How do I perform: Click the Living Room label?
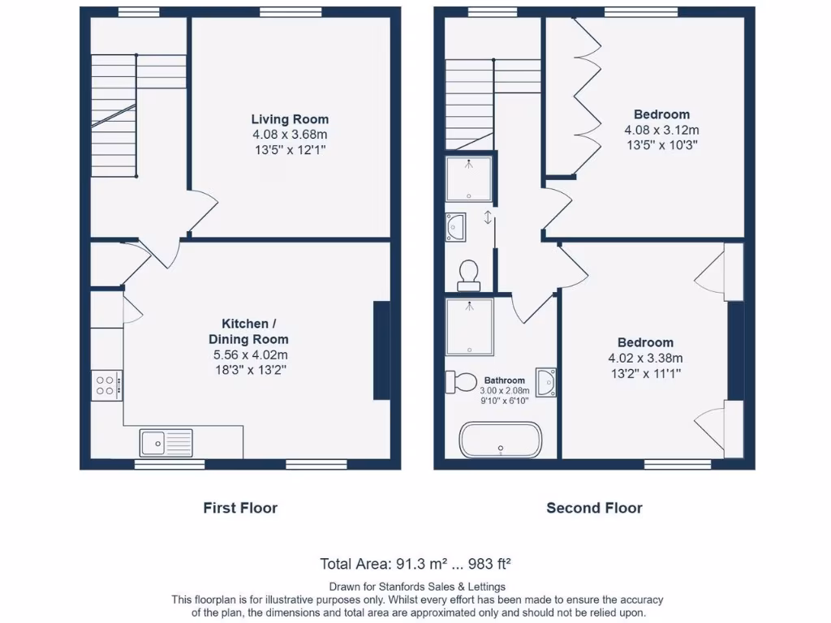[x=290, y=119]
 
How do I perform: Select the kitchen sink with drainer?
[x=166, y=443]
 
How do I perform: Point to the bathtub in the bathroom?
[x=501, y=440]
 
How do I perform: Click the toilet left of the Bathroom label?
[x=463, y=380]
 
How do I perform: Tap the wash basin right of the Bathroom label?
[x=548, y=382]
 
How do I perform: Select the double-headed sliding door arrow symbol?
[x=488, y=217]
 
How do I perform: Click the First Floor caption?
[x=240, y=508]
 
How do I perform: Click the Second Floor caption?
[x=594, y=508]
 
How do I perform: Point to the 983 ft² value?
[x=487, y=564]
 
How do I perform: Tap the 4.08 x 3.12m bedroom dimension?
[x=661, y=130]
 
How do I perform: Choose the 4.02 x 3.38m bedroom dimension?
[x=645, y=358]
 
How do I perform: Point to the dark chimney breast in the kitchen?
[x=381, y=350]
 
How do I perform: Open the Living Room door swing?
[x=203, y=208]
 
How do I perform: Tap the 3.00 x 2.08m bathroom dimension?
[x=505, y=390]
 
